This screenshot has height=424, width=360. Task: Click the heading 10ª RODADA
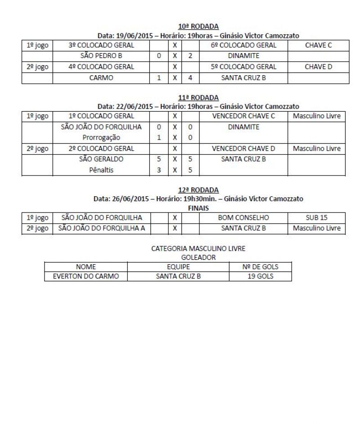tap(198, 27)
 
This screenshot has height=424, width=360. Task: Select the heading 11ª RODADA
tap(198, 98)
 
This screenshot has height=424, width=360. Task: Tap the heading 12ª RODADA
tap(198, 190)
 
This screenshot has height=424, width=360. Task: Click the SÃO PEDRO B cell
tap(101, 56)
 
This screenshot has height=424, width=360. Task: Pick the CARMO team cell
tap(101, 77)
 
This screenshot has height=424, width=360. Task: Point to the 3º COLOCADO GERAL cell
tap(101, 45)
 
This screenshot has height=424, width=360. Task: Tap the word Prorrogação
tap(101, 138)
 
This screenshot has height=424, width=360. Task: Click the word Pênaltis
tap(101, 170)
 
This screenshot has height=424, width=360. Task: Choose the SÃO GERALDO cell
tap(101, 159)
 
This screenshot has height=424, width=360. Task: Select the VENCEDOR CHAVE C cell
tap(243, 117)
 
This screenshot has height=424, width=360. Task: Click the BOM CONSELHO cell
tap(243, 218)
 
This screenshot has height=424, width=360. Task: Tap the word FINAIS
tap(198, 208)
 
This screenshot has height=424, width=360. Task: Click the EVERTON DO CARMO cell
tap(86, 277)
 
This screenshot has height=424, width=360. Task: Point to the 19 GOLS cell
tap(260, 277)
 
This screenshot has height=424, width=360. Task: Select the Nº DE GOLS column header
tap(260, 267)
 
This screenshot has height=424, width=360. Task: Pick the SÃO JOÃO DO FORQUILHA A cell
tap(101, 228)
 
